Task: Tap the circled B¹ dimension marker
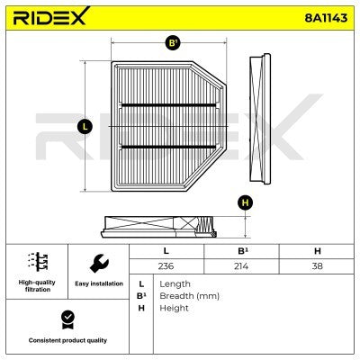pos(173,41)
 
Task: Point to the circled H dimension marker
pos(244,202)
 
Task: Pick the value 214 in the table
pos(240,266)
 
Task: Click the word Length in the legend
pos(175,283)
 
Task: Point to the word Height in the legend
pos(174,308)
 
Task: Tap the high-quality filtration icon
pos(36,262)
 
